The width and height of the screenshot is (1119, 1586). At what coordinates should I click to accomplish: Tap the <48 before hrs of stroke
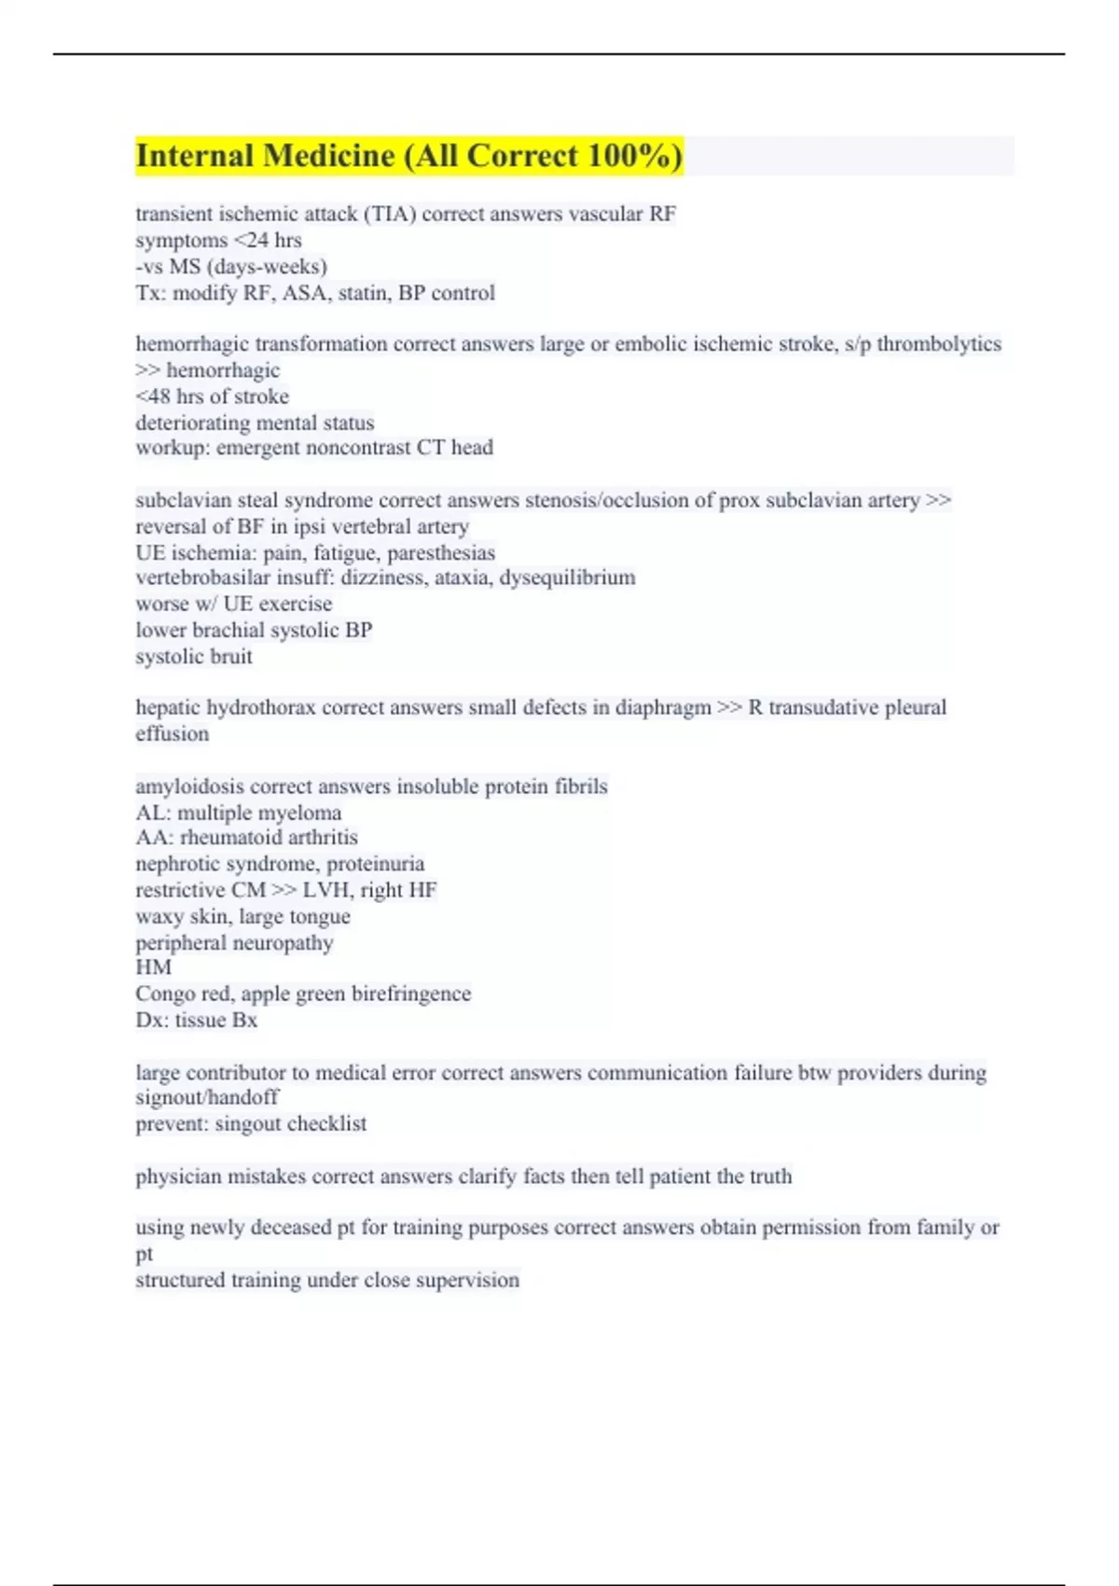(x=153, y=396)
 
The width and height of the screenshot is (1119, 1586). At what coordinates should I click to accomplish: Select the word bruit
(x=231, y=657)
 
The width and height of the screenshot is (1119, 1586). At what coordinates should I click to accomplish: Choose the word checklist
(x=327, y=1124)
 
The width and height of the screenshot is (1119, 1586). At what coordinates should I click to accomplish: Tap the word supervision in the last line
(x=467, y=1280)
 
